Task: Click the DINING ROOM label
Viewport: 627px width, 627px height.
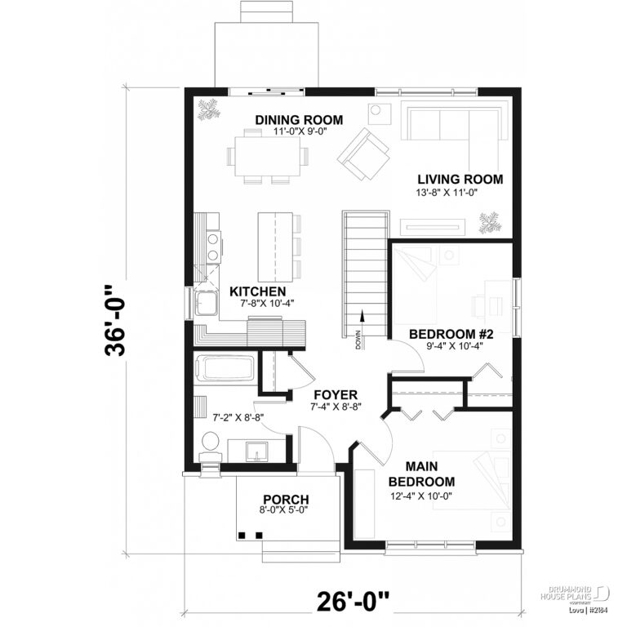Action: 299,120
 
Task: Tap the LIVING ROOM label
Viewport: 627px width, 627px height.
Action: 460,180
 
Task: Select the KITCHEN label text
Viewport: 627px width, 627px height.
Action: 257,291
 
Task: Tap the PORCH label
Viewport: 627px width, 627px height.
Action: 285,500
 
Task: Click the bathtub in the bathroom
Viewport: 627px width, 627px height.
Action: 224,368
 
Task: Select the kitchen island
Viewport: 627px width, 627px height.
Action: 274,246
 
